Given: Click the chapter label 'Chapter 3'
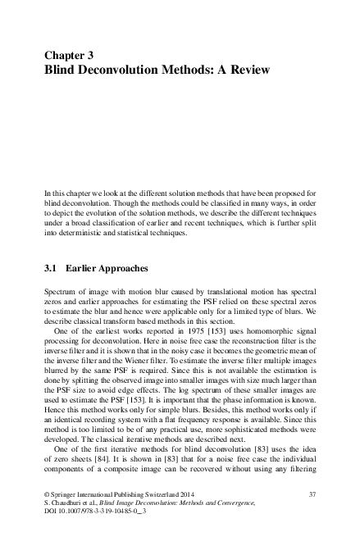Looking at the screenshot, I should pyautogui.click(x=68, y=56).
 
